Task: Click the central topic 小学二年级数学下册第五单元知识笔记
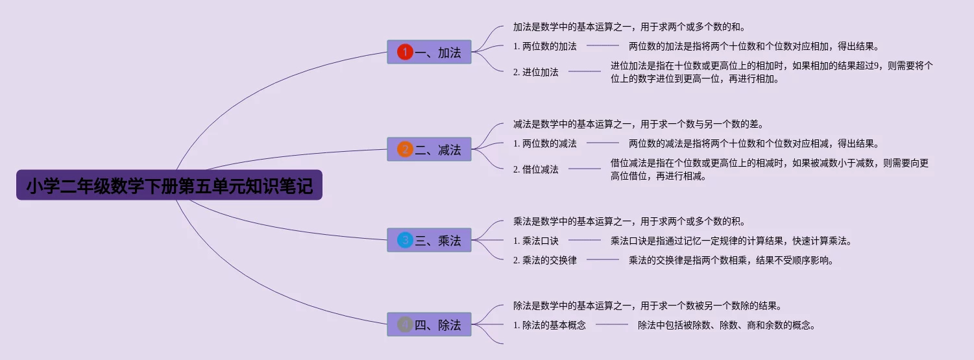click(169, 187)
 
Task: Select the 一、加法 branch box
click(429, 52)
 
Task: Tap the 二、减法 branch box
click(429, 149)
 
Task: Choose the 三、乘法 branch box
click(429, 240)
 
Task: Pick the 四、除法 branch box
click(429, 324)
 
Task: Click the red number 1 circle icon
click(405, 52)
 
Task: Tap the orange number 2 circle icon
click(405, 149)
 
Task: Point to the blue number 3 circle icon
click(405, 240)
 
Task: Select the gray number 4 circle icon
click(405, 324)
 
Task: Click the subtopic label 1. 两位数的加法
click(544, 46)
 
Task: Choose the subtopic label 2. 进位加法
click(535, 72)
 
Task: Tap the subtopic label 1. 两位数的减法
click(544, 143)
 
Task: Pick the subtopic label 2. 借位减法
click(535, 169)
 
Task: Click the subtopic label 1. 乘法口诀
click(535, 241)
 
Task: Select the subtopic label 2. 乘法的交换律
click(544, 260)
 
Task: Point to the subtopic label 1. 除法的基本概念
click(549, 325)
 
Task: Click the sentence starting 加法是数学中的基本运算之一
click(628, 27)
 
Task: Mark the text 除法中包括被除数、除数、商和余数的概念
click(726, 325)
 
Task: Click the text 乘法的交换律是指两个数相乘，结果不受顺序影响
click(731, 260)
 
